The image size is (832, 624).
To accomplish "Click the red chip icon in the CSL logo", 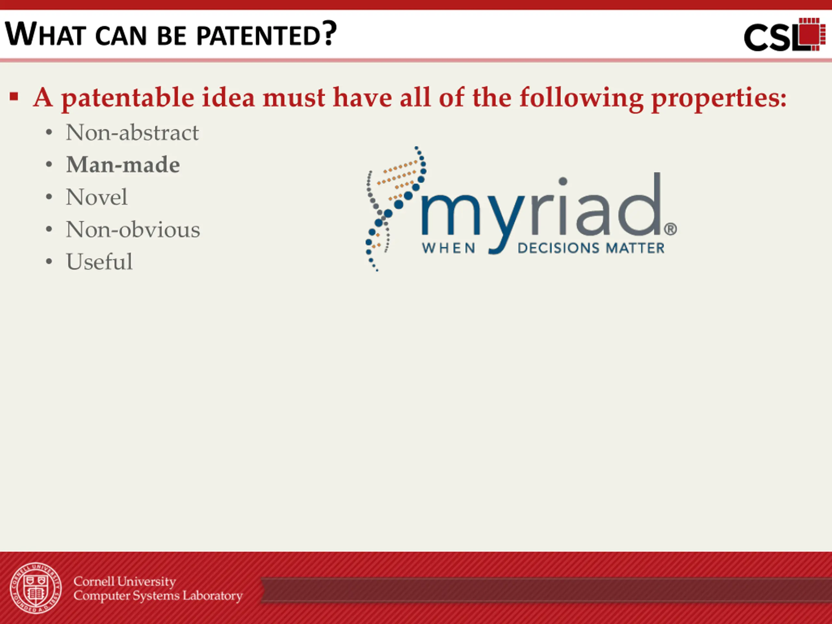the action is point(812,34).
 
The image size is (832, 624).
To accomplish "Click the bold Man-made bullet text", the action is point(123,165).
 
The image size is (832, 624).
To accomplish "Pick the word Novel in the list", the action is point(97,197).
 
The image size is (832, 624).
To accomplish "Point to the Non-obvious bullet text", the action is point(133,229).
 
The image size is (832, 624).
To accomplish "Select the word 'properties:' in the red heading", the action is point(719,98).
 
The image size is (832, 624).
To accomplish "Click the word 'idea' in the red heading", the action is point(228,97).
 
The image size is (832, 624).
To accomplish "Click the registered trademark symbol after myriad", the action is point(670,229).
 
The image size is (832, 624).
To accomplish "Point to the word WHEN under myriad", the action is point(449,248).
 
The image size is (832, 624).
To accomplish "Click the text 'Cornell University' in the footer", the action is point(125,581).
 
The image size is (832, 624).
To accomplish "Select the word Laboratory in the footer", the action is point(213,596).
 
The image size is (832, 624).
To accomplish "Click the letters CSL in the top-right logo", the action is point(771,38).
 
